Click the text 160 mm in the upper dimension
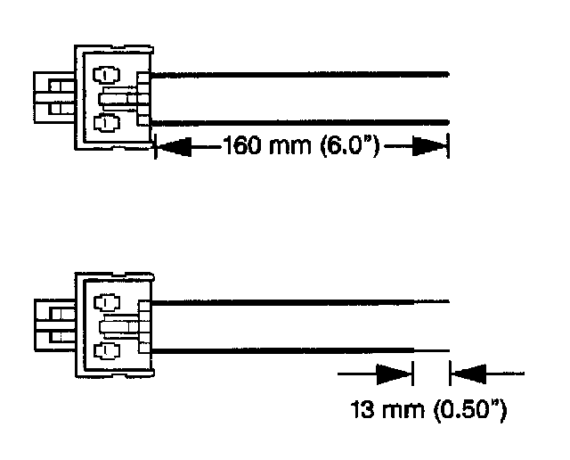coord(265,146)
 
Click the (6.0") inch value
coord(347,146)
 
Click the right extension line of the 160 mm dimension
coord(448,146)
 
